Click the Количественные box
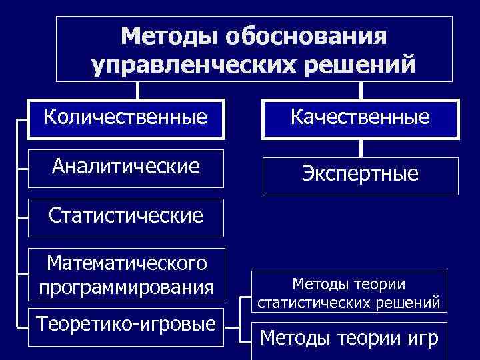click(x=125, y=119)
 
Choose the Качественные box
click(x=360, y=119)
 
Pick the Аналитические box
click(x=125, y=166)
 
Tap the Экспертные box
click(x=360, y=175)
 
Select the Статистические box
click(x=125, y=215)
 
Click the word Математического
click(x=127, y=264)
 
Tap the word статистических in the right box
click(x=325, y=303)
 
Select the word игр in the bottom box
click(x=420, y=339)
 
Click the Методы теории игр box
click(x=349, y=339)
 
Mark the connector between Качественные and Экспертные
click(x=361, y=148)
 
